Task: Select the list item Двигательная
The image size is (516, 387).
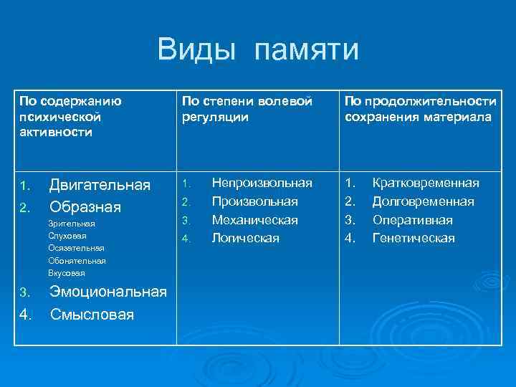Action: coord(99,186)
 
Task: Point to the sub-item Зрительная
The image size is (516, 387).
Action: coord(72,224)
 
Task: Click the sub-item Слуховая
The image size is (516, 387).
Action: coord(67,236)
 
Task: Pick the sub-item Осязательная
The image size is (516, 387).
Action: coord(76,248)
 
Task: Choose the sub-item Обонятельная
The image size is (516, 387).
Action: coord(77,260)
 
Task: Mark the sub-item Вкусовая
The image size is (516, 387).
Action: coord(67,273)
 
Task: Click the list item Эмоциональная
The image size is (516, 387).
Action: coord(107,292)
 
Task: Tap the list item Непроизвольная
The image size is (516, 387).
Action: coord(262,183)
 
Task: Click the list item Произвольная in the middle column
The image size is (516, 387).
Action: coord(254,201)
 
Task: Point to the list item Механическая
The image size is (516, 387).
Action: coord(254,220)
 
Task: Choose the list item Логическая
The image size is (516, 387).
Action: coord(245,238)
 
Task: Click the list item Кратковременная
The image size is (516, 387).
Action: coord(426,183)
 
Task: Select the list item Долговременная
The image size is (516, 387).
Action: coord(423,201)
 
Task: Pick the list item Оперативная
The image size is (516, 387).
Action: coord(412,220)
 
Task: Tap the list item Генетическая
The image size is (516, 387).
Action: coord(414,238)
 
